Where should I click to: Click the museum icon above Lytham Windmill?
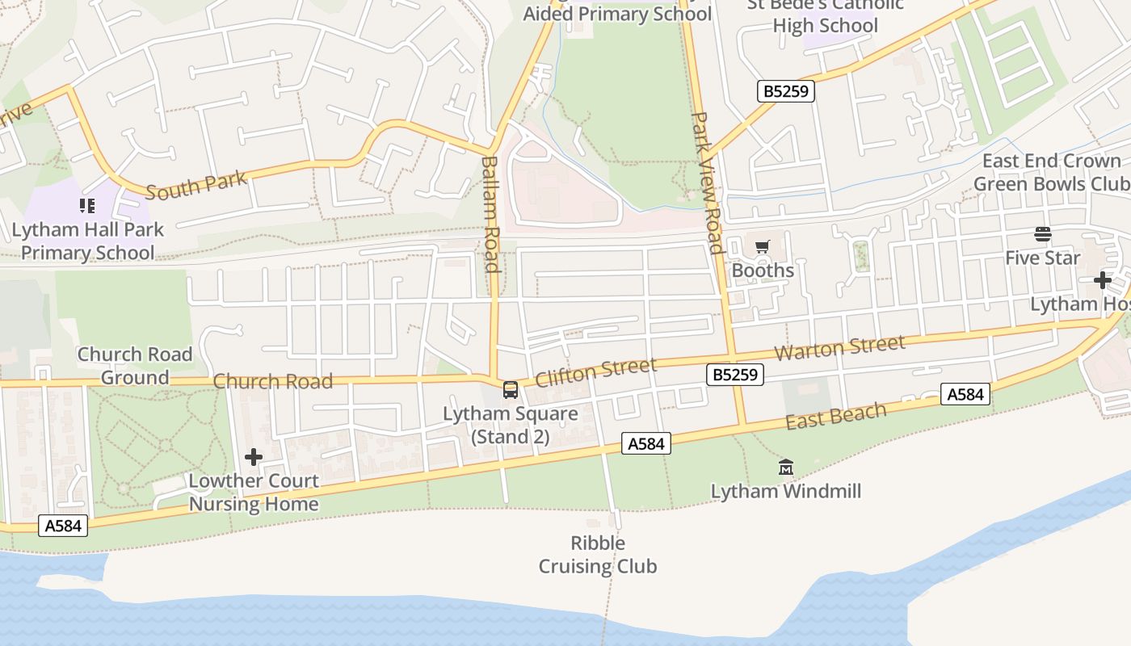point(786,467)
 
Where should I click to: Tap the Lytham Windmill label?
point(786,491)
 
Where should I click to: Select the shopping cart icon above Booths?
point(763,247)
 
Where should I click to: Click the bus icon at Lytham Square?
point(511,390)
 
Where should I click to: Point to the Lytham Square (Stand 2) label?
point(511,426)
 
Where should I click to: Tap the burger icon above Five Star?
point(1042,234)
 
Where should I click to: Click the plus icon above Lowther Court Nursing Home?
point(254,457)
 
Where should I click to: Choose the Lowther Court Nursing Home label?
point(254,493)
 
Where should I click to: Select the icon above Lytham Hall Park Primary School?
point(86,206)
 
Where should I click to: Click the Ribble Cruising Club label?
point(598,555)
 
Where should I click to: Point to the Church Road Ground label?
point(135,366)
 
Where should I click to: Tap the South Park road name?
point(196,185)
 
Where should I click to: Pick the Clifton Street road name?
point(595,372)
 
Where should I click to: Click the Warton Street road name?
point(840,349)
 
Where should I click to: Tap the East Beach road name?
point(836,417)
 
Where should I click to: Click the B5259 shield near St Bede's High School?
point(786,91)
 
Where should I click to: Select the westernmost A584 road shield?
point(63,526)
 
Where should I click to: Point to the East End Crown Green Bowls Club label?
point(1051,172)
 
